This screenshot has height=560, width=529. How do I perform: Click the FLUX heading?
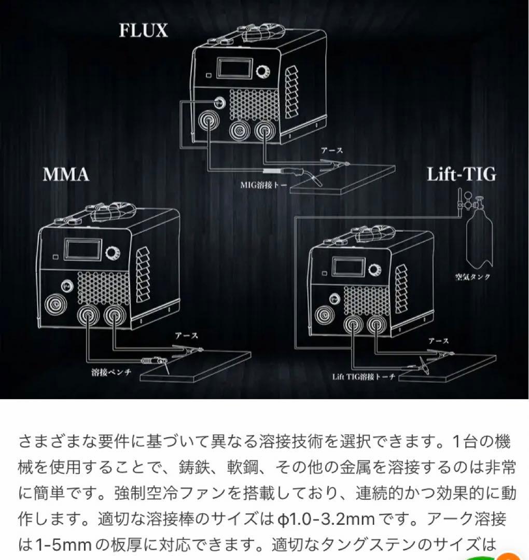(144, 30)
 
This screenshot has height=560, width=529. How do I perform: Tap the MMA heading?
(65, 174)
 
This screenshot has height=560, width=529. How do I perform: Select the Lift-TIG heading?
(461, 174)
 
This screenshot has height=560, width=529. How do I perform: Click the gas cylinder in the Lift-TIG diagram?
(478, 236)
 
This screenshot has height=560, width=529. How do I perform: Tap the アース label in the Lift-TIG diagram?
(438, 341)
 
